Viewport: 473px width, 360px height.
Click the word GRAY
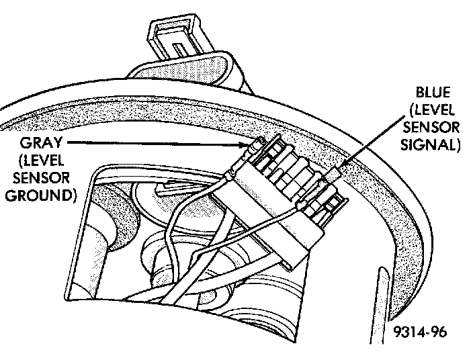[42, 143]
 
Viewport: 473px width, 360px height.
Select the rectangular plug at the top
[176, 41]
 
